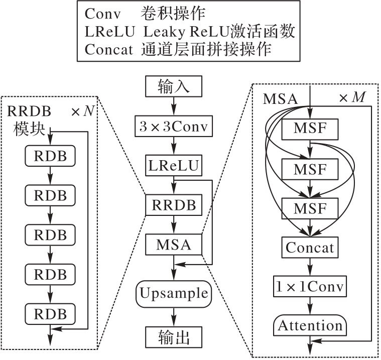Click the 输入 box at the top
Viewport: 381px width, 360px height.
[174, 87]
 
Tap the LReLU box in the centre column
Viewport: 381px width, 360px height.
[174, 165]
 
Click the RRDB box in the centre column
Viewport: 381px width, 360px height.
[174, 205]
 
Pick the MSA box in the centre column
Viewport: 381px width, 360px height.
[174, 245]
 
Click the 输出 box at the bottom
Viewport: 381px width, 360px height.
[174, 336]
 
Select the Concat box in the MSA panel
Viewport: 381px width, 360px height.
[310, 247]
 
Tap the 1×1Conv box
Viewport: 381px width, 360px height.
[310, 286]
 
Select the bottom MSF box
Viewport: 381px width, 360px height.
[310, 207]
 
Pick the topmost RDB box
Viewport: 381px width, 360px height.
[50, 155]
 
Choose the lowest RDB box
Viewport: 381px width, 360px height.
[50, 313]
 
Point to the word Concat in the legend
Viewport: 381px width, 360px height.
[109, 49]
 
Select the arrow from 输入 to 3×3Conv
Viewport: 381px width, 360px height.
[174, 106]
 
